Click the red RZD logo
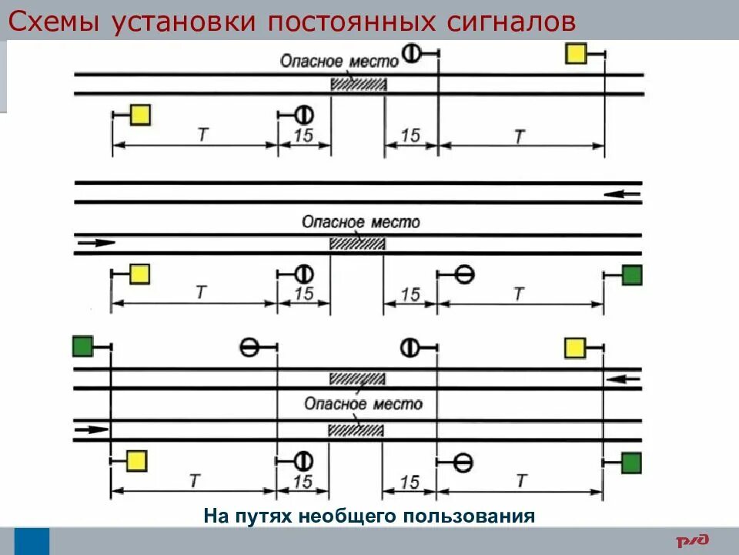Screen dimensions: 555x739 click(692, 540)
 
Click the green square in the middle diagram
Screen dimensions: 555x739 click(632, 274)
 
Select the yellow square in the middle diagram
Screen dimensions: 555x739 click(139, 274)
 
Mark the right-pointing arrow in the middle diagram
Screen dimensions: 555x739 click(96, 243)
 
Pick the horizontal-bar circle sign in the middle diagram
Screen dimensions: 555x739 click(464, 274)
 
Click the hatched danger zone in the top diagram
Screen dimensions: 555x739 click(358, 84)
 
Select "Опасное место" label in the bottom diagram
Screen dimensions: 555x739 click(363, 403)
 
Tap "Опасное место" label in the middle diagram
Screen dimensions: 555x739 click(361, 222)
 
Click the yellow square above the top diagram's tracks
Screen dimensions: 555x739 click(577, 53)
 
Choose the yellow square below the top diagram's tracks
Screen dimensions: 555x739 click(139, 115)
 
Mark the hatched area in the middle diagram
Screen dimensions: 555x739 click(357, 244)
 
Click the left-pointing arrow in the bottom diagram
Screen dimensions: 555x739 click(624, 378)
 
